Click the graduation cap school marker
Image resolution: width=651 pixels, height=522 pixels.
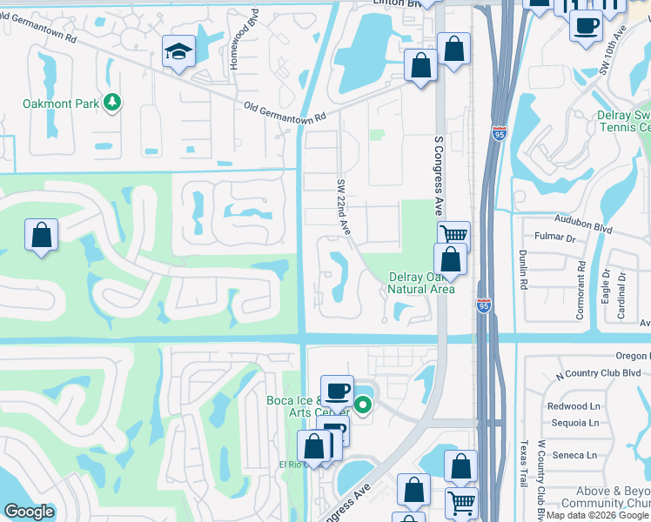point(178,51)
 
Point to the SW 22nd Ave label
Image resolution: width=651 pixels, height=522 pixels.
point(344,207)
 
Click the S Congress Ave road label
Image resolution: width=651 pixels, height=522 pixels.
point(439,175)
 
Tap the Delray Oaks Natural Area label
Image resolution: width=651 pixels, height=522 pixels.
point(421,283)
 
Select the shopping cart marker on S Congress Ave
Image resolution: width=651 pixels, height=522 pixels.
point(453,235)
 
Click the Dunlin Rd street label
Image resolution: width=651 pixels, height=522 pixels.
point(523,270)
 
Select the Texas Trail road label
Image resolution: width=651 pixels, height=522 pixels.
point(523,463)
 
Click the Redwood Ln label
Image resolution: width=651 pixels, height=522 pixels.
point(574,406)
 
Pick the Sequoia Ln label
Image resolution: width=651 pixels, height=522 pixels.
point(574,423)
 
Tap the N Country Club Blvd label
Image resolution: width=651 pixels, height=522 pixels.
point(601,373)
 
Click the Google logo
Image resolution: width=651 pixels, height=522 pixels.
point(29,512)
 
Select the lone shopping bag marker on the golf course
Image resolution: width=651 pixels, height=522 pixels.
point(41,235)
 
